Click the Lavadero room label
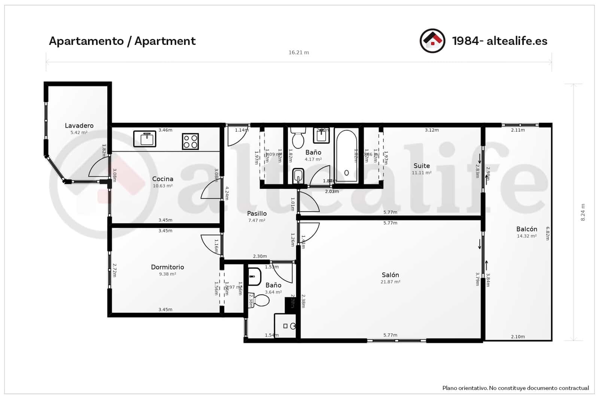click(79, 125)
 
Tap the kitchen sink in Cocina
click(145, 139)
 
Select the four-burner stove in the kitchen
click(190, 141)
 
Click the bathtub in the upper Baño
click(346, 156)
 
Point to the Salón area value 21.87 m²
click(390, 282)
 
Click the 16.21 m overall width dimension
click(298, 52)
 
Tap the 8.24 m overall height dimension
click(583, 212)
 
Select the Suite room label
click(422, 165)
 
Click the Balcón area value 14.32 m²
click(526, 236)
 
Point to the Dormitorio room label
click(167, 267)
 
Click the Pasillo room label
click(257, 213)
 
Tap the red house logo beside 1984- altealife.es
click(432, 41)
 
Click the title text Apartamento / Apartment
click(122, 41)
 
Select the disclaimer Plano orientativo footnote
click(515, 388)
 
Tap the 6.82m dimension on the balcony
click(547, 233)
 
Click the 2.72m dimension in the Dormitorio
click(115, 270)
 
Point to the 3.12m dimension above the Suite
click(431, 130)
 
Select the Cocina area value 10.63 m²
click(162, 186)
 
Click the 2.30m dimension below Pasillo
click(260, 256)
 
